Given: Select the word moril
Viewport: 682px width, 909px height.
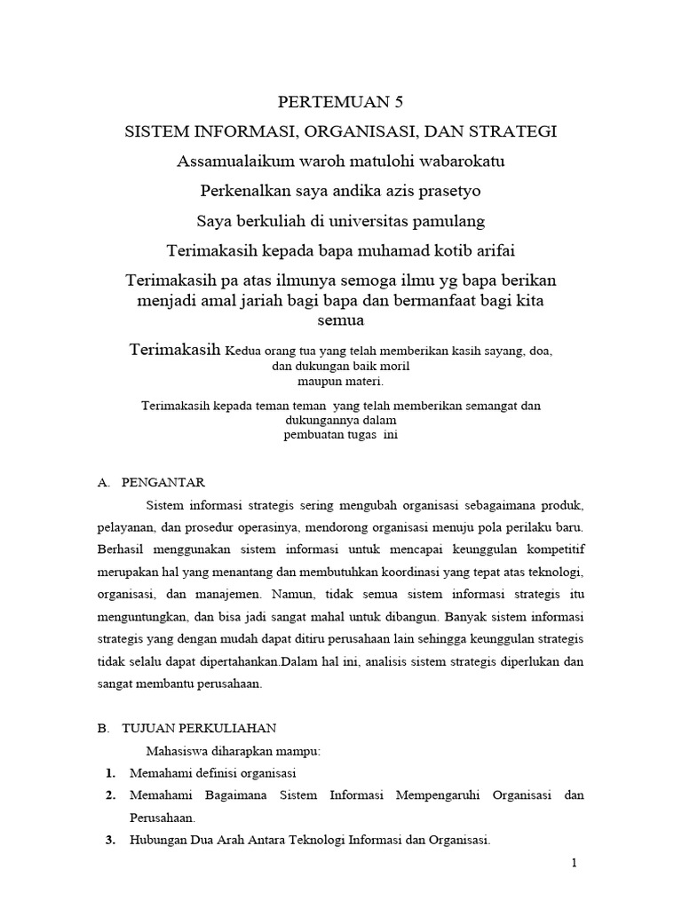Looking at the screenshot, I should pyautogui.click(x=393, y=366).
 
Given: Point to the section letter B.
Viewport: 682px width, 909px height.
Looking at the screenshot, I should pyautogui.click(x=102, y=728).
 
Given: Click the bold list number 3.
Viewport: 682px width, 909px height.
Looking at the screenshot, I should pyautogui.click(x=110, y=840).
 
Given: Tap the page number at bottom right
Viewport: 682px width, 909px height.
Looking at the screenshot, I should pyautogui.click(x=576, y=864).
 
